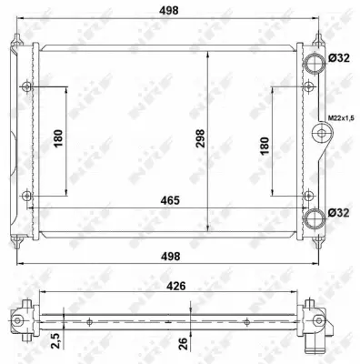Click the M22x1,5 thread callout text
tap(339, 117)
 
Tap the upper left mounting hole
tap(26, 86)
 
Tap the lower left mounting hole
tap(26, 195)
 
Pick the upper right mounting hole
tap(309, 86)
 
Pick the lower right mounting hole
tap(309, 195)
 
